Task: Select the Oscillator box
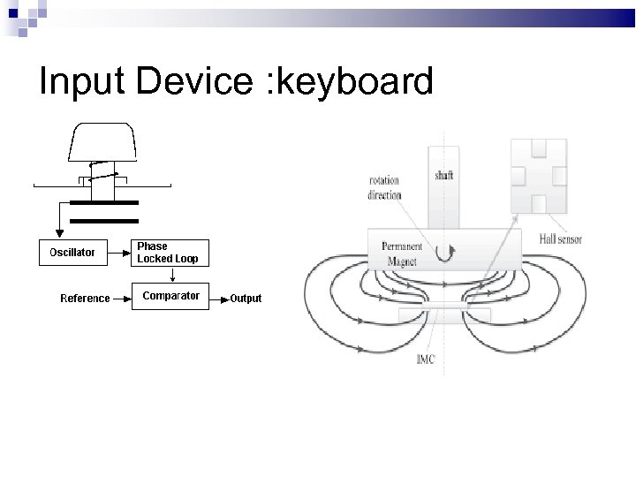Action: (72, 252)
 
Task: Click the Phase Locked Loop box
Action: (170, 252)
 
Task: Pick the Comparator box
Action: (170, 296)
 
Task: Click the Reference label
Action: (85, 299)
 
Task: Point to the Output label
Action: (246, 299)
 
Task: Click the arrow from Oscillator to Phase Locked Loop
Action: (120, 252)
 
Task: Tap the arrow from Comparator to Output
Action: (220, 298)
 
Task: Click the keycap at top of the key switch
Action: (102, 142)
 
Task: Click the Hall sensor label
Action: (560, 239)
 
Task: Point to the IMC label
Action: (425, 360)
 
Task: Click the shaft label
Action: (443, 175)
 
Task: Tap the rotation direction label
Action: (384, 188)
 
